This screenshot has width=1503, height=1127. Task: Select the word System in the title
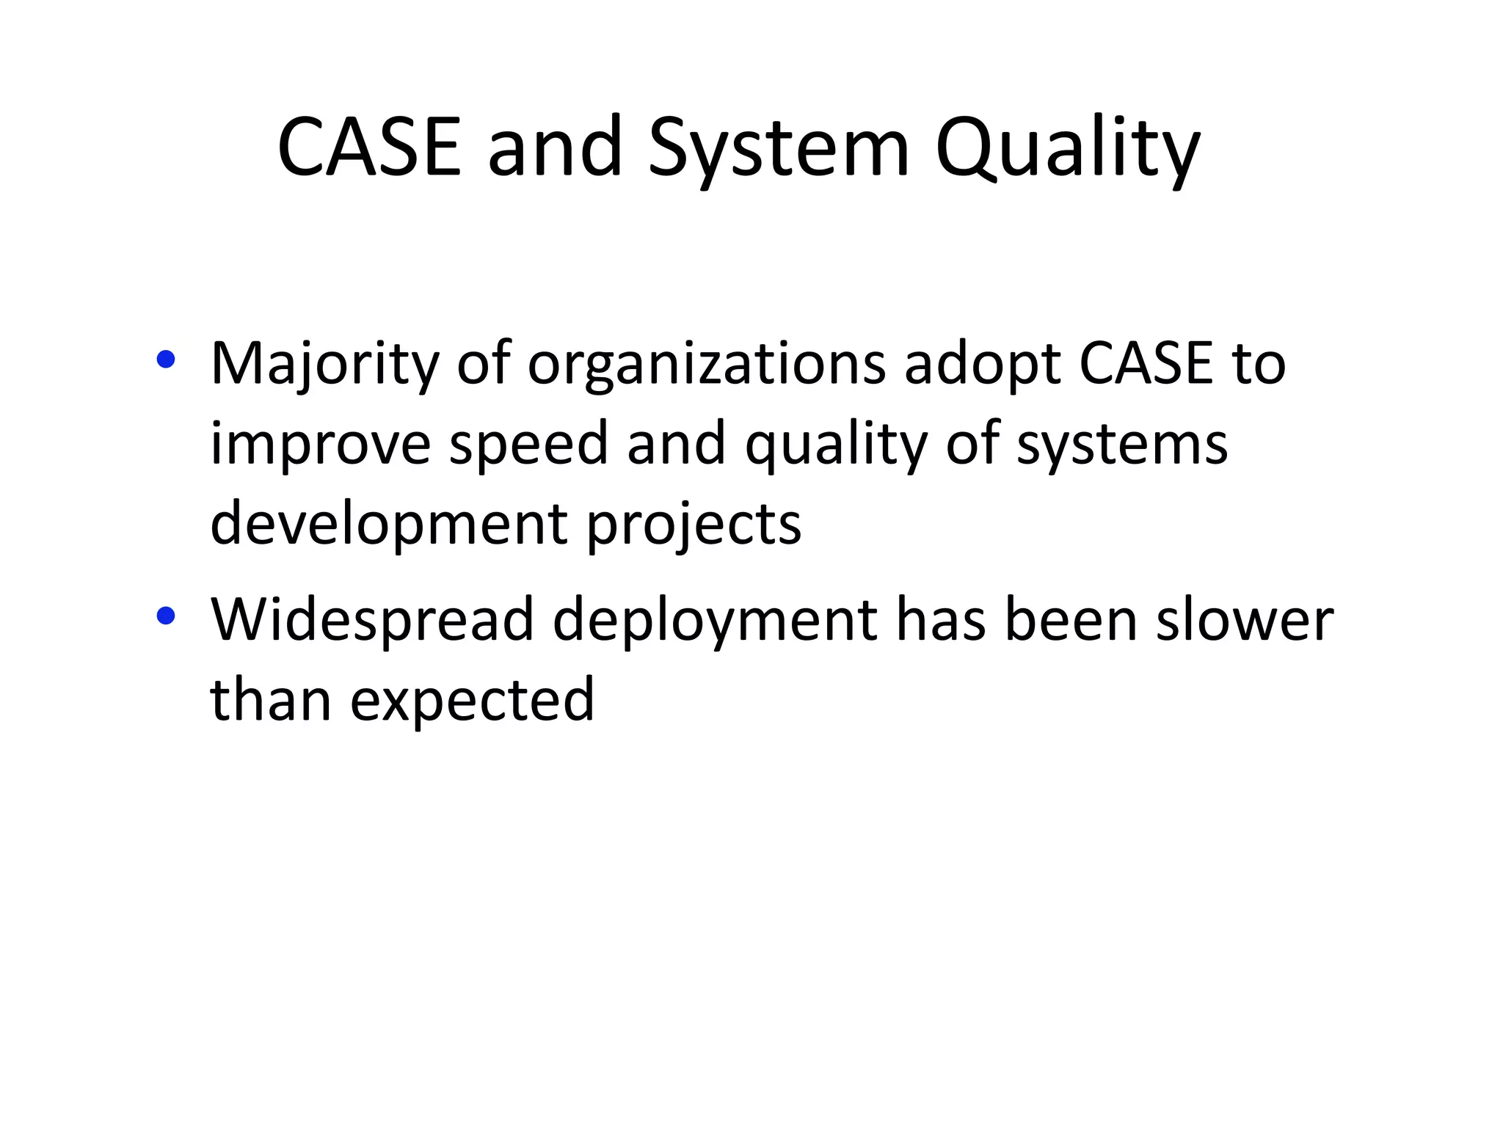[x=779, y=150]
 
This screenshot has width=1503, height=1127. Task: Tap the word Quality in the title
[x=1068, y=150]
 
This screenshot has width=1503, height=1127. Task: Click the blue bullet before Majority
[x=166, y=360]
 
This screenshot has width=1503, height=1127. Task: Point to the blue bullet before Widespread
[x=166, y=616]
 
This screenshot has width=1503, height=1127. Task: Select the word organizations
[x=707, y=365]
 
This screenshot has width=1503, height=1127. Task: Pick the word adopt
[x=983, y=365]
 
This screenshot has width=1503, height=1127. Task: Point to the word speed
[x=528, y=445]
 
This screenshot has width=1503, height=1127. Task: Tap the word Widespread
[x=372, y=620]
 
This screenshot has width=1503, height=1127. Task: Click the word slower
[x=1245, y=620]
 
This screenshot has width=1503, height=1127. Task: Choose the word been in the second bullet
[x=1071, y=620]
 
